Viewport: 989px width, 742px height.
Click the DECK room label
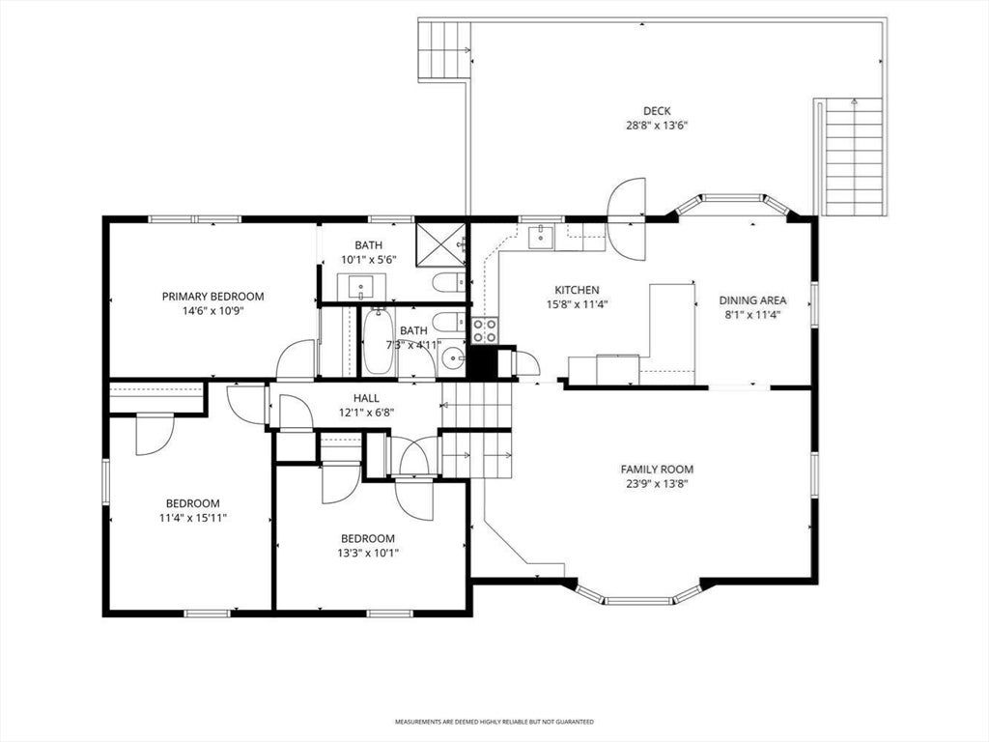pyautogui.click(x=657, y=111)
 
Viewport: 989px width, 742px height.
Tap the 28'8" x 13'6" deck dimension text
pyautogui.click(x=657, y=125)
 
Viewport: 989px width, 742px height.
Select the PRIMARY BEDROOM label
pyautogui.click(x=212, y=296)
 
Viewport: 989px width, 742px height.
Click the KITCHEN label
pyautogui.click(x=577, y=290)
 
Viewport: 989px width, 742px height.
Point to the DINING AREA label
pyautogui.click(x=752, y=300)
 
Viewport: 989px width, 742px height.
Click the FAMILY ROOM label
pyautogui.click(x=657, y=470)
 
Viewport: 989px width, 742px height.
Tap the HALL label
pyautogui.click(x=366, y=398)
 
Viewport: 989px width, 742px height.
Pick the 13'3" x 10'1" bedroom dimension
pyautogui.click(x=368, y=553)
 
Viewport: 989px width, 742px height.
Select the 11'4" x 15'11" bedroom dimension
pyautogui.click(x=192, y=518)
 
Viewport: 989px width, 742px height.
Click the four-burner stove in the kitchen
pyautogui.click(x=485, y=330)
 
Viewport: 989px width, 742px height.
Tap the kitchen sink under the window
pyautogui.click(x=541, y=238)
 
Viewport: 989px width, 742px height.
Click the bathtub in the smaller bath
pyautogui.click(x=378, y=341)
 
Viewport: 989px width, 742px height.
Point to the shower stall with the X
pyautogui.click(x=440, y=243)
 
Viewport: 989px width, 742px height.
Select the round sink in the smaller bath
pyautogui.click(x=453, y=359)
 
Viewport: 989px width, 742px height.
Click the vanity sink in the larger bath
pyautogui.click(x=360, y=287)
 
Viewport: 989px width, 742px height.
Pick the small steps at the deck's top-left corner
pyautogui.click(x=444, y=50)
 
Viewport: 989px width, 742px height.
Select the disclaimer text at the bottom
pyautogui.click(x=494, y=721)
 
